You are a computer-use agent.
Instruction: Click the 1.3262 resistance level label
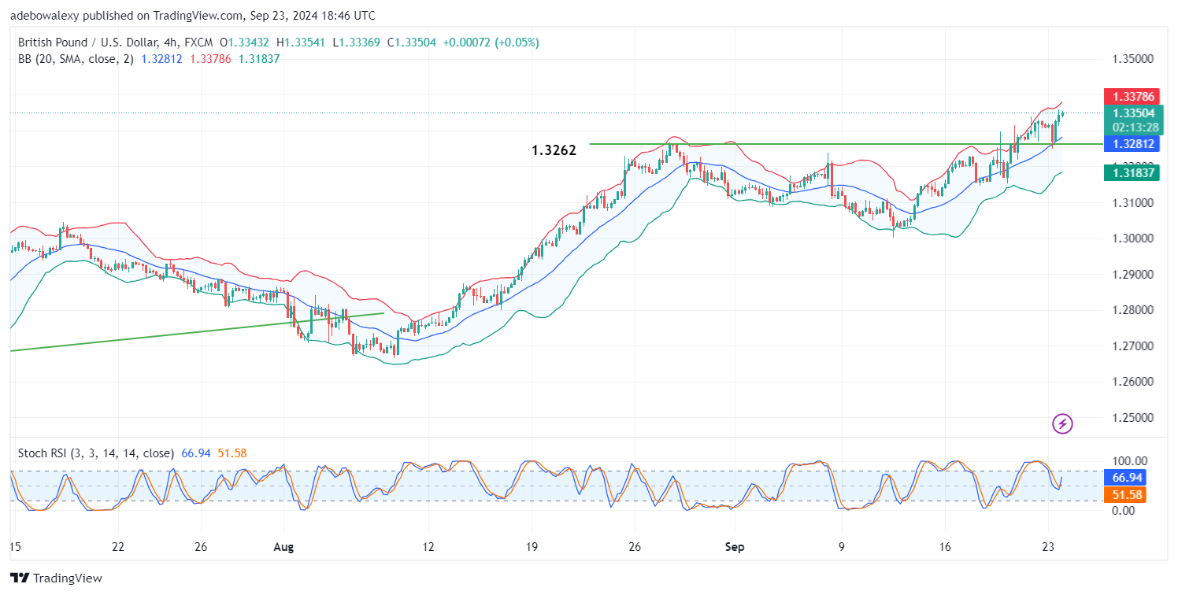[554, 150]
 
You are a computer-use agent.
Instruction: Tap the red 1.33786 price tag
[1135, 97]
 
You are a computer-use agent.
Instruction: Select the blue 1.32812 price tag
[1135, 144]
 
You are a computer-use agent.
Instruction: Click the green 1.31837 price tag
[1135, 172]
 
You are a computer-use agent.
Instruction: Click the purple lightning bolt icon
[1063, 424]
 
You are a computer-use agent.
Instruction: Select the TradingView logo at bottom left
[57, 578]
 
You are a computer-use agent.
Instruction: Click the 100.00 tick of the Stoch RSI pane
[1128, 461]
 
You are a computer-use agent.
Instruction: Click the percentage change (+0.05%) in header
[516, 42]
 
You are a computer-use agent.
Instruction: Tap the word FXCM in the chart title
[195, 42]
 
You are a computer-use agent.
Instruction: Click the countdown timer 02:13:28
[1135, 127]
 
